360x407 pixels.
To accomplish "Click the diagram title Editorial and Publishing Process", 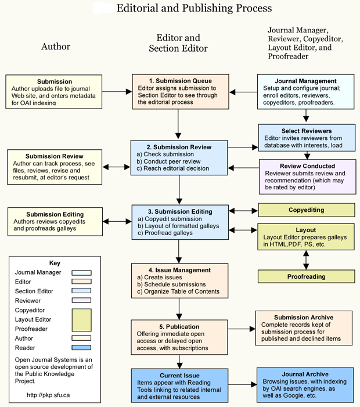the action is (x=194, y=8).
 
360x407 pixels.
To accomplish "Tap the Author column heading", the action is (x=56, y=46).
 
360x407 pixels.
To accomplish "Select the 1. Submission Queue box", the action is (x=181, y=92).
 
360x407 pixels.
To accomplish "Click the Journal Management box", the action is (x=306, y=92).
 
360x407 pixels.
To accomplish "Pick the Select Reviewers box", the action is (x=307, y=138).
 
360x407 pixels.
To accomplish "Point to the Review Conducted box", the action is (x=308, y=177).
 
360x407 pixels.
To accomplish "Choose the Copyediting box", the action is (x=307, y=210).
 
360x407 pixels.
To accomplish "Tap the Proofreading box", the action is (x=306, y=276).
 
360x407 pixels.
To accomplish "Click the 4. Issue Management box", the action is (x=179, y=280).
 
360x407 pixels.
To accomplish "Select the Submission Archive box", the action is (x=304, y=328).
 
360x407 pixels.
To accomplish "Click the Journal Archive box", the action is (x=305, y=385).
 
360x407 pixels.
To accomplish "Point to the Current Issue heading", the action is (x=179, y=376).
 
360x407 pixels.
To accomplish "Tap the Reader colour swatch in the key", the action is (x=81, y=348).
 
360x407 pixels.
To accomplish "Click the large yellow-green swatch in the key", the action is (x=81, y=320).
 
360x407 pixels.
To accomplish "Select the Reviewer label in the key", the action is (x=28, y=301).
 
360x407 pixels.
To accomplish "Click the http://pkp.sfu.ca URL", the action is (x=48, y=395).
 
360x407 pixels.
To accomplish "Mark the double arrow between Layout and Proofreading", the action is (x=306, y=260).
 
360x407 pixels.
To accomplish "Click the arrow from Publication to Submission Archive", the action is (x=242, y=329).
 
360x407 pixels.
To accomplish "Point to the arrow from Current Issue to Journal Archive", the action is (x=243, y=384).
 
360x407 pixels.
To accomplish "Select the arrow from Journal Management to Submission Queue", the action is (x=243, y=92).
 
